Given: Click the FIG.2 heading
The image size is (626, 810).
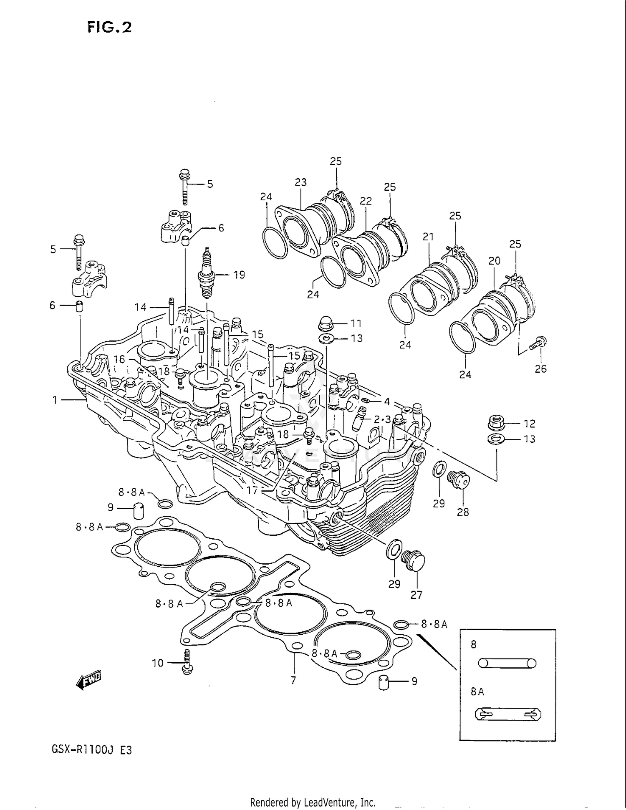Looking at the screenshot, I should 109,27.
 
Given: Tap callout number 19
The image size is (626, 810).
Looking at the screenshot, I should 239,275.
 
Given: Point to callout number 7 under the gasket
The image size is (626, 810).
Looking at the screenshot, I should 293,681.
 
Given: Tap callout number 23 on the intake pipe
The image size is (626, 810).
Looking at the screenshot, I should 300,182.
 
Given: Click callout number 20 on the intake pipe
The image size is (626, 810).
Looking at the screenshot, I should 495,261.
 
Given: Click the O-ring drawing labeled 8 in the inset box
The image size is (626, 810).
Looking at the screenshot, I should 507,663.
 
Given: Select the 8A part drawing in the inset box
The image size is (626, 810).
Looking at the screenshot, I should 508,715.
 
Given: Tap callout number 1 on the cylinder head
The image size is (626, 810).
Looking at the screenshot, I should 55,400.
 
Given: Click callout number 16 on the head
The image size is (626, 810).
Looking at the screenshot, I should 119,359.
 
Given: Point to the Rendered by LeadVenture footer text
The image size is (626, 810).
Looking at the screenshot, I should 313,802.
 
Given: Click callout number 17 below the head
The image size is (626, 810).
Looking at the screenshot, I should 252,490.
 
